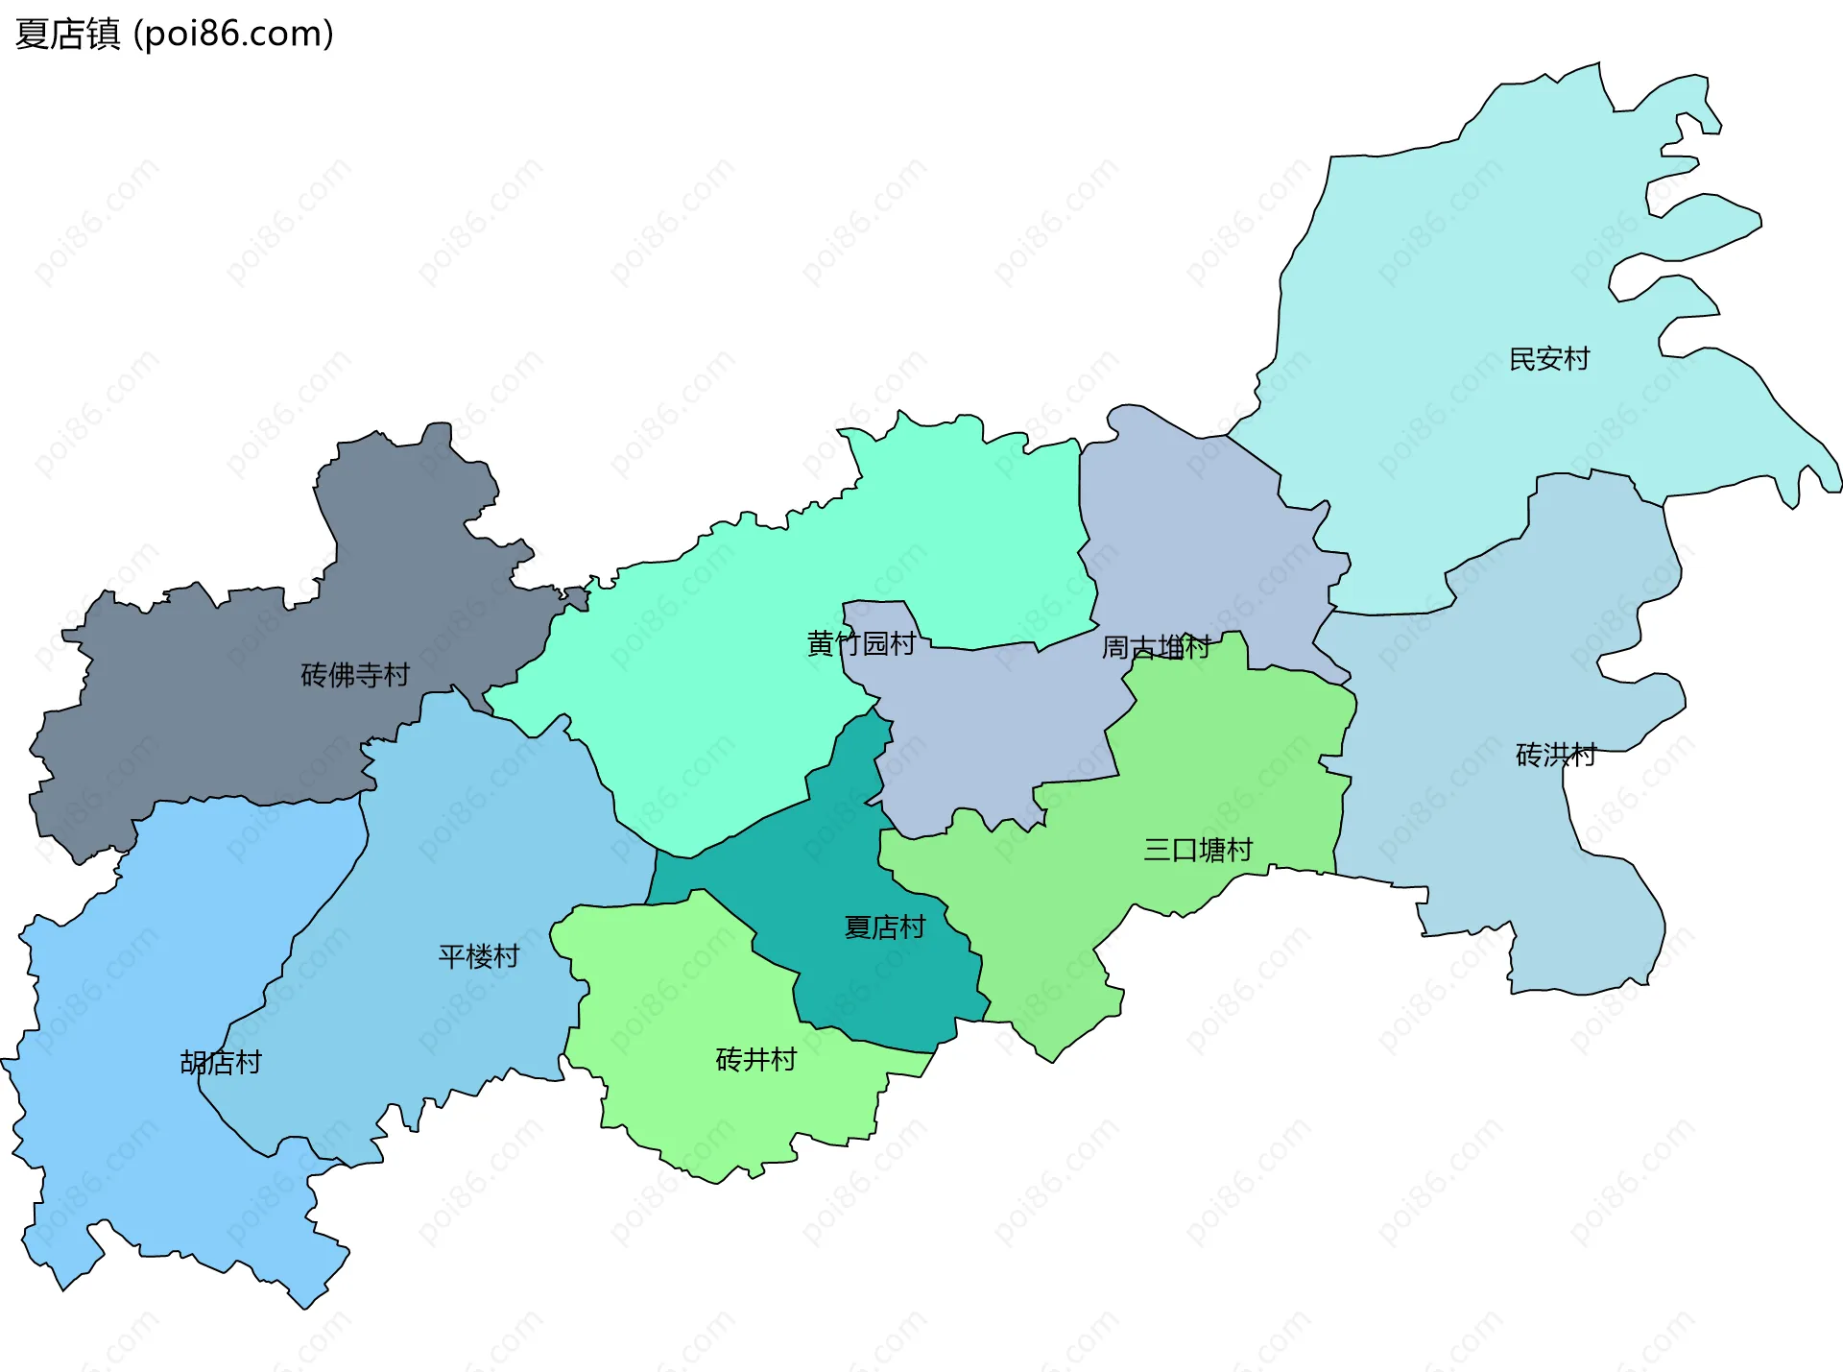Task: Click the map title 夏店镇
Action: pyautogui.click(x=67, y=34)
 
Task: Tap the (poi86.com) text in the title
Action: pyautogui.click(x=233, y=34)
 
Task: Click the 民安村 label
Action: pyautogui.click(x=1548, y=359)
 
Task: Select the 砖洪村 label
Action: pyautogui.click(x=1555, y=756)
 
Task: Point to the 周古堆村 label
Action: pyautogui.click(x=1156, y=647)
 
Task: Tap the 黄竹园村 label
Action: pyautogui.click(x=861, y=643)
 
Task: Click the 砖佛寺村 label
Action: pyautogui.click(x=354, y=675)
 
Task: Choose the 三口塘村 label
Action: pyautogui.click(x=1197, y=850)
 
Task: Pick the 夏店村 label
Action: pyautogui.click(x=884, y=927)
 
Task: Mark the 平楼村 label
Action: pyautogui.click(x=478, y=956)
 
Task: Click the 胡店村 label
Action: pyautogui.click(x=221, y=1062)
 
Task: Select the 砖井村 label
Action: pyautogui.click(x=755, y=1060)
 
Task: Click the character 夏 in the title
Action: pyautogui.click(x=32, y=34)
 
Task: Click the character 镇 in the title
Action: pyautogui.click(x=103, y=34)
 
